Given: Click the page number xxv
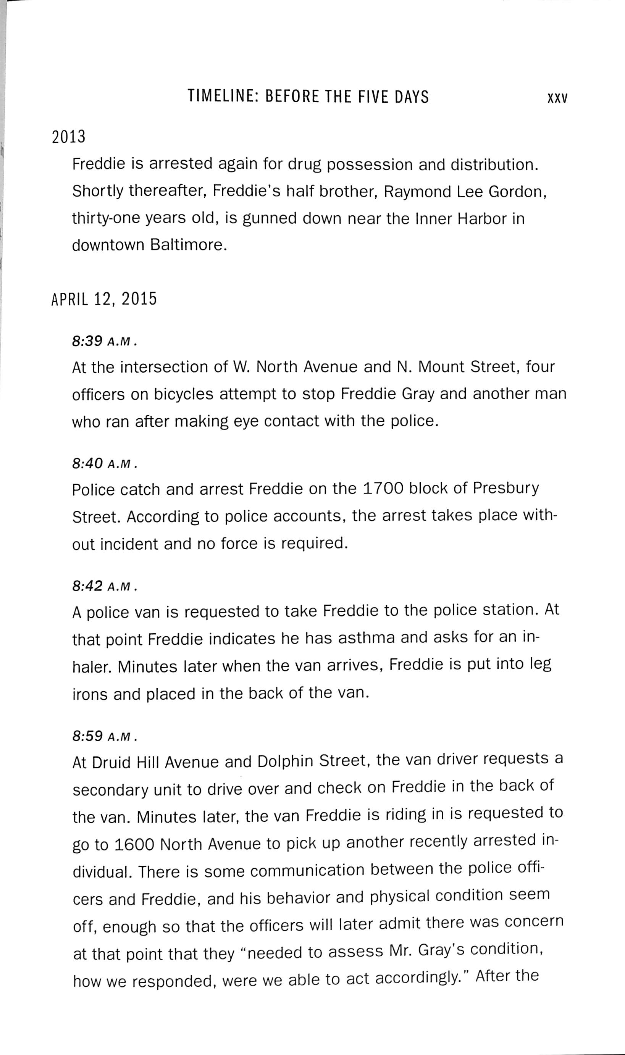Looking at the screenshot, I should pos(557,98).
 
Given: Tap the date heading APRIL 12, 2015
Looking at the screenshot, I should pos(104,299).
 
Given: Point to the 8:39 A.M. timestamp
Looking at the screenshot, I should pos(105,341).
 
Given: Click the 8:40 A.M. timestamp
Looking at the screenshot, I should pos(105,463).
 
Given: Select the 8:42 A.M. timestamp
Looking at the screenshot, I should pos(105,586).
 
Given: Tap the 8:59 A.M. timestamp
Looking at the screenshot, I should pos(105,736).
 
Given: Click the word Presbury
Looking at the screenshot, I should pos(505,488).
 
